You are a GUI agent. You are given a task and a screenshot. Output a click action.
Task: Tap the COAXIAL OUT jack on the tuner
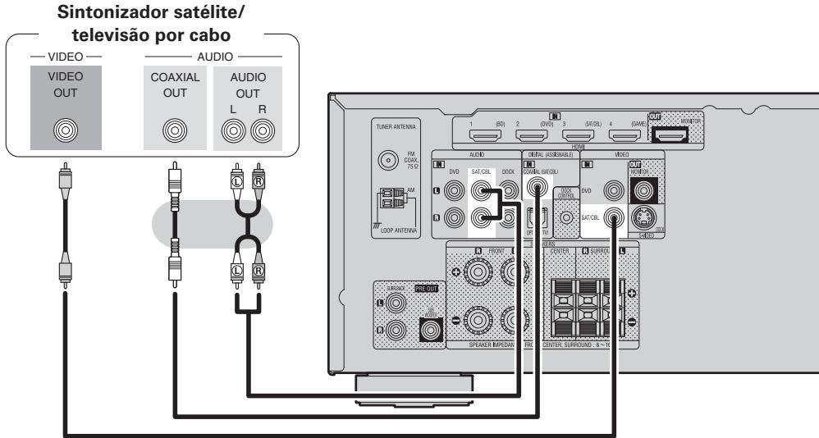(173, 129)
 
